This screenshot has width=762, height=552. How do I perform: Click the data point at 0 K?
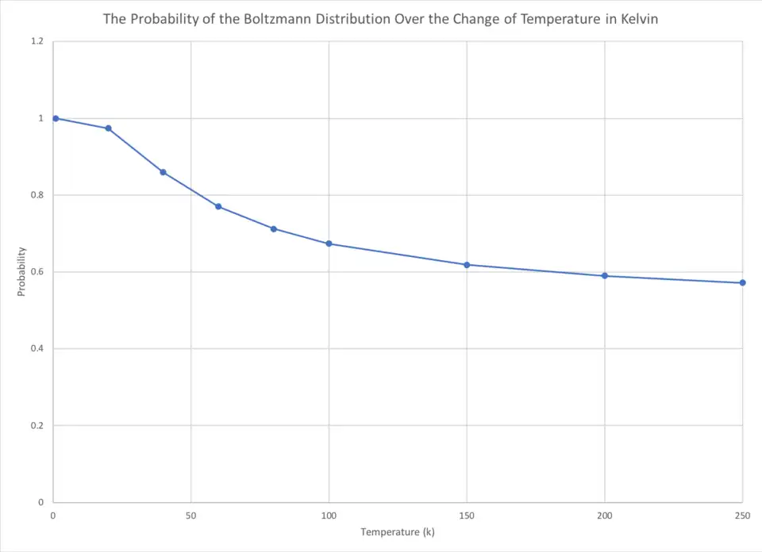pos(56,118)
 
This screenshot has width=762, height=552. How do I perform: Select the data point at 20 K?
pos(108,128)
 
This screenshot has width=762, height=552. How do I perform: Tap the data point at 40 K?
pos(163,172)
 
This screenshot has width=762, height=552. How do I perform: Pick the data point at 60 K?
pos(218,206)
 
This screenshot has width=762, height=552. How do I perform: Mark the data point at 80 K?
pos(273,228)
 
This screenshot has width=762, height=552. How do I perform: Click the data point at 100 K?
pos(329,243)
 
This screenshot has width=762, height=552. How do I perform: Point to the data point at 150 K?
pos(467,265)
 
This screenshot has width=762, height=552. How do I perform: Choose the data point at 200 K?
pos(605,276)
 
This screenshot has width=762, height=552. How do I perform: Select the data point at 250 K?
pos(742,283)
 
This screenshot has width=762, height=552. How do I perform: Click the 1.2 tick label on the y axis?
pos(37,41)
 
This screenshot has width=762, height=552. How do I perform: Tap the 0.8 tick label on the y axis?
pos(37,195)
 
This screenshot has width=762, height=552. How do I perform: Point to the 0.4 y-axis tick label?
pos(37,349)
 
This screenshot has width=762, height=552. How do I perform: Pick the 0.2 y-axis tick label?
pos(37,426)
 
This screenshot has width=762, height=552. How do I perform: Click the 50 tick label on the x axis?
pos(190,516)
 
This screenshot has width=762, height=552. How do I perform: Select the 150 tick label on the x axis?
pos(467,516)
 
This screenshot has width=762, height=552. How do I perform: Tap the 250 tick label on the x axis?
pos(742,516)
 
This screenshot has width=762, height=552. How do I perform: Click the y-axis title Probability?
pos(22,272)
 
